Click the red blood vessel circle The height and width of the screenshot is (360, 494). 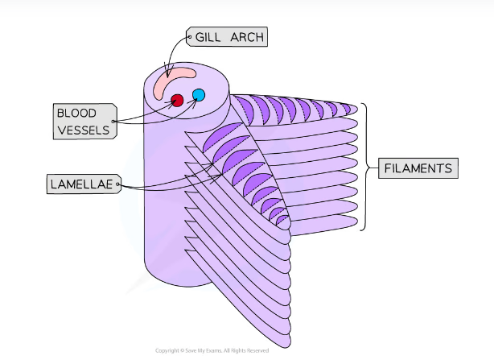[x=177, y=100]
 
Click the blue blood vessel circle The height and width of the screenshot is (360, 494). [x=199, y=95]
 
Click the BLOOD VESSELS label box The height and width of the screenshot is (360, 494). [x=83, y=120]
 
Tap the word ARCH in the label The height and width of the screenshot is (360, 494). [x=246, y=36]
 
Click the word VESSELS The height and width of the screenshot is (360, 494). [x=83, y=129]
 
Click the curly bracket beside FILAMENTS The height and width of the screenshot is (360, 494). [x=366, y=167]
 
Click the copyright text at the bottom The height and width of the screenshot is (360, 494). [x=212, y=350]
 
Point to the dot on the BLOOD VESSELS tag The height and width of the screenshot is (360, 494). [x=115, y=121]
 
